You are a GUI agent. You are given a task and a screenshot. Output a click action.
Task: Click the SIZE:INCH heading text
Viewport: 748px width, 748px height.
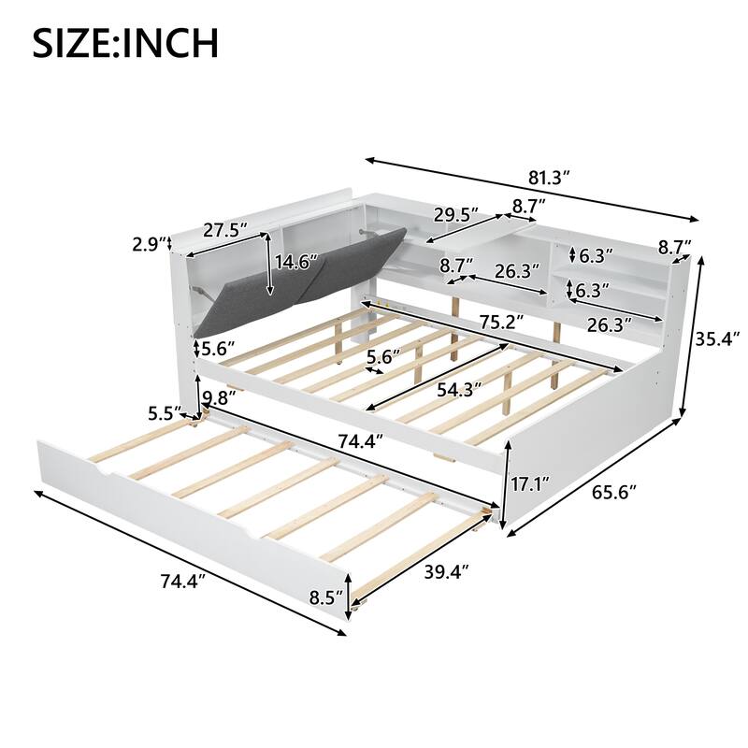point(126,42)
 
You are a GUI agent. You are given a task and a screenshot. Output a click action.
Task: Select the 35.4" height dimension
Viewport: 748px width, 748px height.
point(719,338)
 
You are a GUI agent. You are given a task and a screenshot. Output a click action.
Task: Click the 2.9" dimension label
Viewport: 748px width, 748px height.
point(148,245)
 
